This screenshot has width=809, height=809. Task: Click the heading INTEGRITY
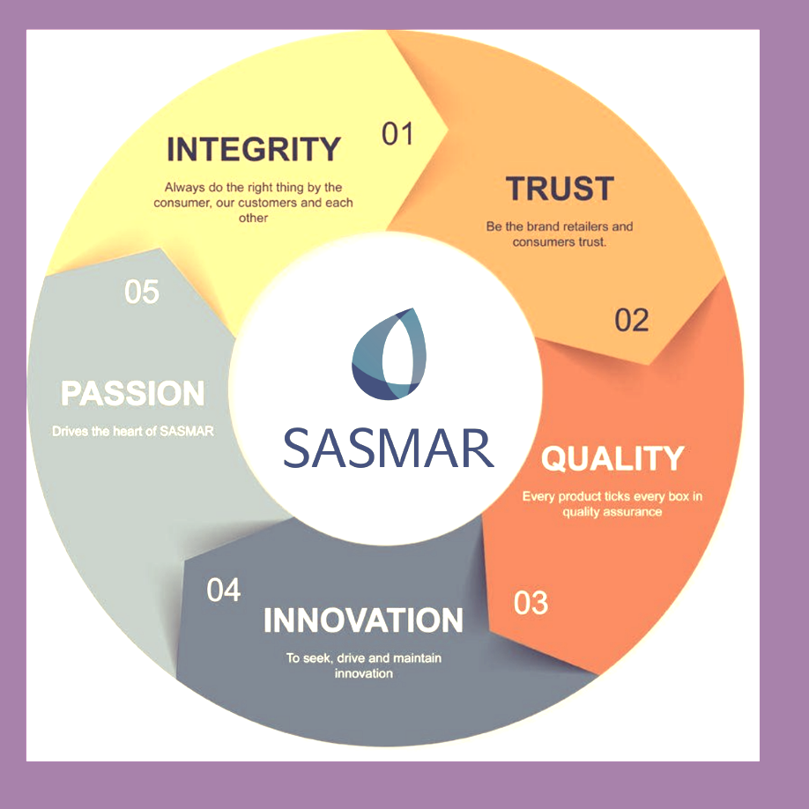pyautogui.click(x=253, y=149)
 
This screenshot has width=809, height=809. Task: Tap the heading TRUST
pyautogui.click(x=560, y=189)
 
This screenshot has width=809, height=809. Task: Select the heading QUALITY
pyautogui.click(x=612, y=458)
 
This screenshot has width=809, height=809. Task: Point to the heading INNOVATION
pyautogui.click(x=363, y=620)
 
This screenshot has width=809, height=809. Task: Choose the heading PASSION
pyautogui.click(x=132, y=393)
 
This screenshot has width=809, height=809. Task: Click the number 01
pyautogui.click(x=397, y=134)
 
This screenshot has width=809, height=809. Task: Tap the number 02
pyautogui.click(x=632, y=320)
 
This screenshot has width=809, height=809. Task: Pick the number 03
pyautogui.click(x=531, y=603)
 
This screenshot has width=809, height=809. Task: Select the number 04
pyautogui.click(x=224, y=590)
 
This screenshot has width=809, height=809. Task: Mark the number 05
pyautogui.click(x=142, y=292)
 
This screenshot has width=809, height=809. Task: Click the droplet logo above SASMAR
pyautogui.click(x=389, y=354)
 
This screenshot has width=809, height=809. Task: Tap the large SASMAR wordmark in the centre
pyautogui.click(x=389, y=448)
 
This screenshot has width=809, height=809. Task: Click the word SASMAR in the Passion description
pyautogui.click(x=186, y=431)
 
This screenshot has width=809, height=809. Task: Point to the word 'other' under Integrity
pyautogui.click(x=253, y=219)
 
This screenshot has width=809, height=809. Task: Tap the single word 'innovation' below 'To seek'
pyautogui.click(x=364, y=673)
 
